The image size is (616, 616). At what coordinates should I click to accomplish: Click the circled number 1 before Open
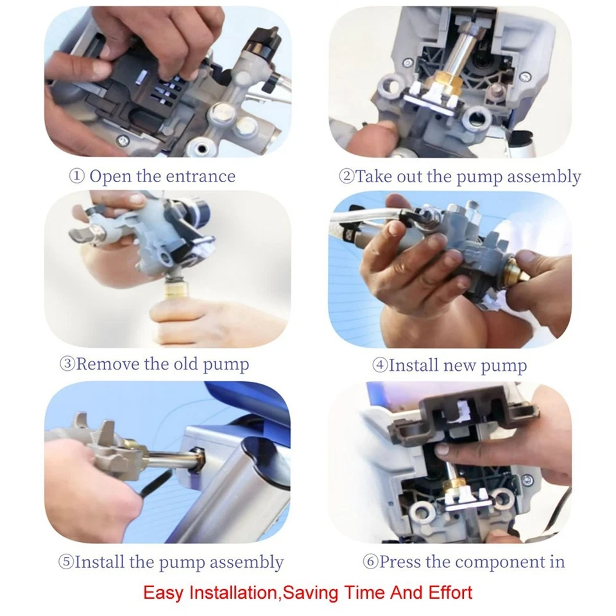pos(76,176)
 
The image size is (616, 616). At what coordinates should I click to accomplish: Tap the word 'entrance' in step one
pos(200,176)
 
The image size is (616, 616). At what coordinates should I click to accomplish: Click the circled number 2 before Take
pos(346,176)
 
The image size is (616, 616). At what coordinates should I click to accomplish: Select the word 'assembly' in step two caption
pos(544,177)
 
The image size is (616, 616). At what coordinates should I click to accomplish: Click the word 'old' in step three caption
pos(186,364)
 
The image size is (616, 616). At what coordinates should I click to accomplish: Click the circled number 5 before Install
pos(66,562)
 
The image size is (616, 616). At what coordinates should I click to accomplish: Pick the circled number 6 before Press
pos(370,562)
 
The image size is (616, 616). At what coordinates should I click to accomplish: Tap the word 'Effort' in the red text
pos(450,592)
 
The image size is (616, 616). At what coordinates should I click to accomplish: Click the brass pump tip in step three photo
pos(178,291)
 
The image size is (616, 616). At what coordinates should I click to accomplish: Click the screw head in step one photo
pos(123,139)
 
